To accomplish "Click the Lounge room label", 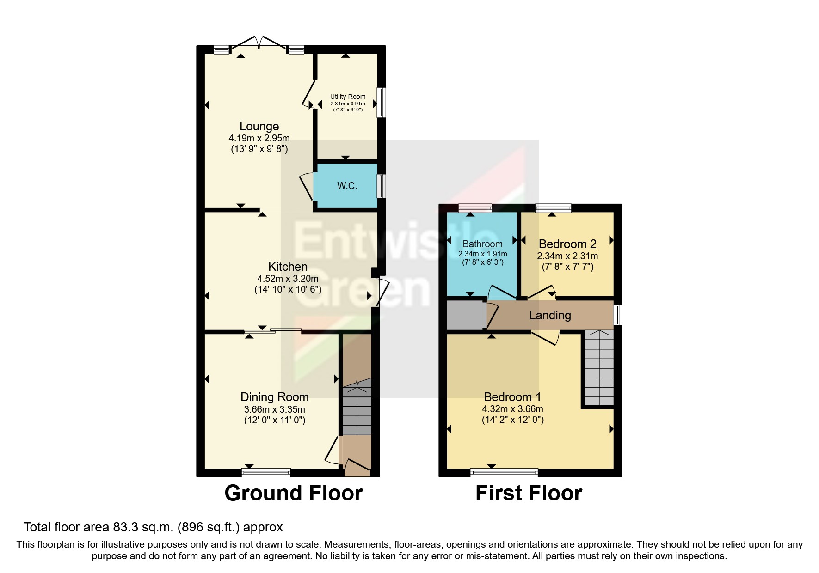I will pos(259,126).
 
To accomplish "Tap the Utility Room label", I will pos(348,97).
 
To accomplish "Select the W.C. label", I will pos(347,186).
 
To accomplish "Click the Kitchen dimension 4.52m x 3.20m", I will pos(288,279).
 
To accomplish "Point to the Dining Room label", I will pos(274,397).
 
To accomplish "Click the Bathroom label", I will pos(482,244).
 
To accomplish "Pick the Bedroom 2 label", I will pos(567,244).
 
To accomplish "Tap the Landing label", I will pos(550,315).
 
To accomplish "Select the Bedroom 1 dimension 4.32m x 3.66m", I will pos(512,409).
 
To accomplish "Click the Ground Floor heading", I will pos(293,493).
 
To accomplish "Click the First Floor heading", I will pos(529,493).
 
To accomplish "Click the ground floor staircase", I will pos(357,407).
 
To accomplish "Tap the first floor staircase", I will pos(599,367).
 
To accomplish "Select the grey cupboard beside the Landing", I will pos(465,315).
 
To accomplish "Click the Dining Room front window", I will pos(266,472).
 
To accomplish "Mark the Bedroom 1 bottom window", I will pos(504,472).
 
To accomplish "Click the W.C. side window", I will pos(381,186).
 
